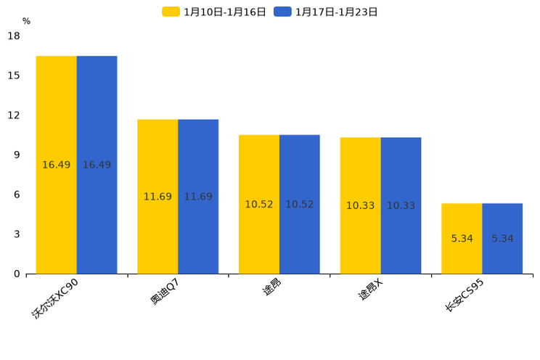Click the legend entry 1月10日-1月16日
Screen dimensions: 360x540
(215, 12)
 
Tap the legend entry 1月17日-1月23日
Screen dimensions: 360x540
(327, 12)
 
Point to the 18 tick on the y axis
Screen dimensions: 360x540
(14, 36)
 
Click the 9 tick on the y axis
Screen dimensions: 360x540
(17, 155)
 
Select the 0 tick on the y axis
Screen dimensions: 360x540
(17, 274)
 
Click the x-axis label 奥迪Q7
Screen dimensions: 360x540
(165, 291)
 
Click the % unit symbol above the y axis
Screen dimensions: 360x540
(26, 21)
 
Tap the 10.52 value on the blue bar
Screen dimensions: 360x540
(299, 205)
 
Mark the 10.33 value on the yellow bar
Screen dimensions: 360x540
(360, 206)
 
